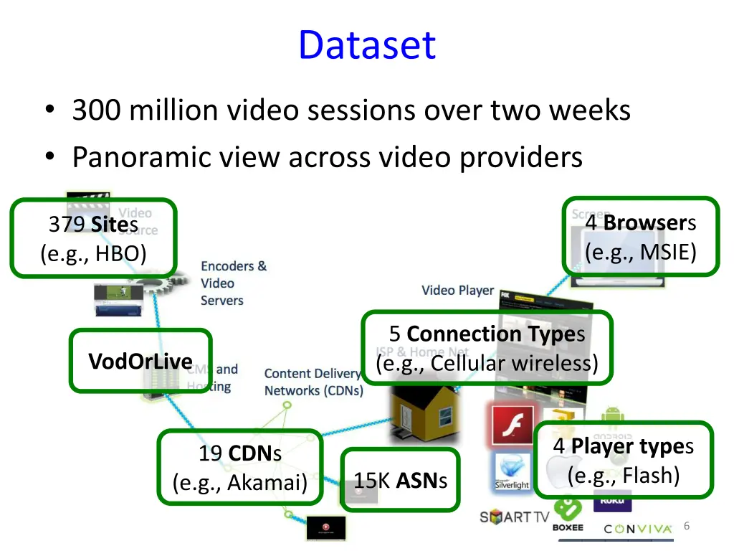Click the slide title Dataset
[x=366, y=44]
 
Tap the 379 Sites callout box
[x=93, y=238]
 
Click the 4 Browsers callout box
[x=640, y=237]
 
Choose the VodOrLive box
[x=140, y=361]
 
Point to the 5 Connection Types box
[x=487, y=348]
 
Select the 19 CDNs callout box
[x=239, y=467]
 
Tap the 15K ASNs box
[x=400, y=481]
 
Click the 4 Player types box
[x=623, y=460]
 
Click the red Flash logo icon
[x=512, y=426]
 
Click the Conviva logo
[x=638, y=529]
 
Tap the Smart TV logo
[x=514, y=517]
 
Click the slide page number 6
[x=687, y=527]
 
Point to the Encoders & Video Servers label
[x=233, y=283]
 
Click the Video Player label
[x=457, y=291]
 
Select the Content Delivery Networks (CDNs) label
[x=313, y=382]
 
